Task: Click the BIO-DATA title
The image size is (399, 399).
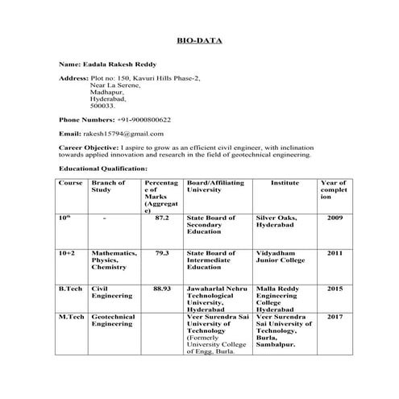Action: (x=199, y=39)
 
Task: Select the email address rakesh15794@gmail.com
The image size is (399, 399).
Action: (x=123, y=133)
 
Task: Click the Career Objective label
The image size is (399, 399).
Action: (x=89, y=148)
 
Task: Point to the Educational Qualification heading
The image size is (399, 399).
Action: (x=103, y=168)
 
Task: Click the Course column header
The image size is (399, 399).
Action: (x=71, y=184)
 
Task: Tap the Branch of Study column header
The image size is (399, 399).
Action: (x=109, y=187)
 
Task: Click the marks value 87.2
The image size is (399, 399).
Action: (x=161, y=218)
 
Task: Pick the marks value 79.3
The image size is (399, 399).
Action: (x=161, y=253)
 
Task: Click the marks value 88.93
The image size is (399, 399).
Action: (x=161, y=288)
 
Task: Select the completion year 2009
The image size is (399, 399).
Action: (x=335, y=218)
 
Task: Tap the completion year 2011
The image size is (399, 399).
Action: (x=335, y=253)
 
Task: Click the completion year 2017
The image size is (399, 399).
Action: (x=335, y=317)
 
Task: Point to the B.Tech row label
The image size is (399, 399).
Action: (x=71, y=288)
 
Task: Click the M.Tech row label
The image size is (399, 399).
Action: (x=72, y=317)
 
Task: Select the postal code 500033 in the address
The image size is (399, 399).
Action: (x=102, y=105)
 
